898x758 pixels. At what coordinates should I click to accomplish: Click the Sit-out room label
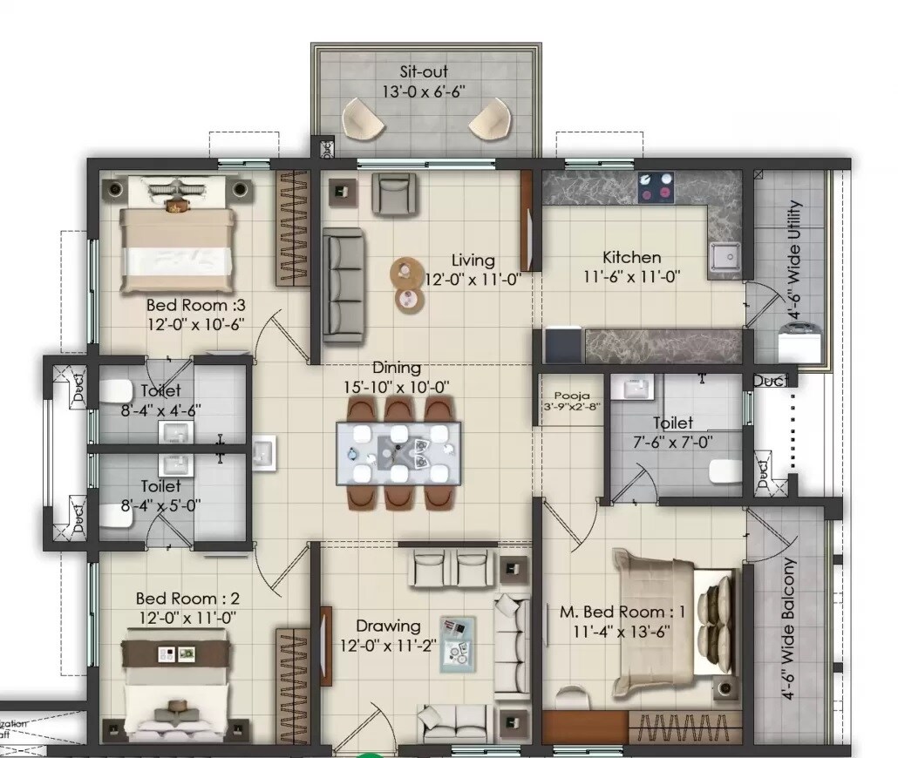(x=424, y=71)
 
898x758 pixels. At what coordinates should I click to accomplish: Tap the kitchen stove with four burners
(x=656, y=186)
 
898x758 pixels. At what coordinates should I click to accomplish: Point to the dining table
(x=398, y=452)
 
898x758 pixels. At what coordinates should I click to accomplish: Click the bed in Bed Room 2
(x=177, y=688)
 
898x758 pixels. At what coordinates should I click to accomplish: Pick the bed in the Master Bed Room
(x=671, y=619)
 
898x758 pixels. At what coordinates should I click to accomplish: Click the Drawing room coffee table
(x=458, y=642)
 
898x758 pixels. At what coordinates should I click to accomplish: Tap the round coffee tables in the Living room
(x=407, y=284)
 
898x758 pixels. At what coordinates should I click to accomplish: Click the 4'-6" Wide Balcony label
(x=789, y=629)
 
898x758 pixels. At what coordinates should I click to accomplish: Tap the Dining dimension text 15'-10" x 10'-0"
(x=398, y=387)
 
